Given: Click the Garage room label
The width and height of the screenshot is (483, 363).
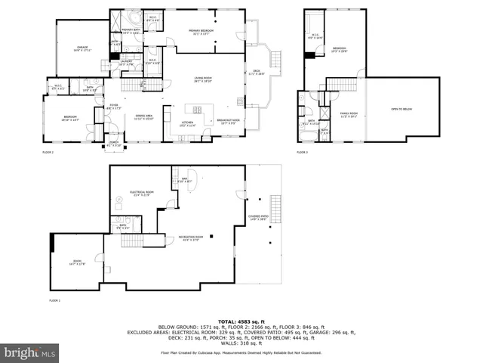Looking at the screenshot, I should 83,50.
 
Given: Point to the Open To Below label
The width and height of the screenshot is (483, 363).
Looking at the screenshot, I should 401,109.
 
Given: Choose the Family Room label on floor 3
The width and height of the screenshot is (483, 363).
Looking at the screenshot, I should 349,115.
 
